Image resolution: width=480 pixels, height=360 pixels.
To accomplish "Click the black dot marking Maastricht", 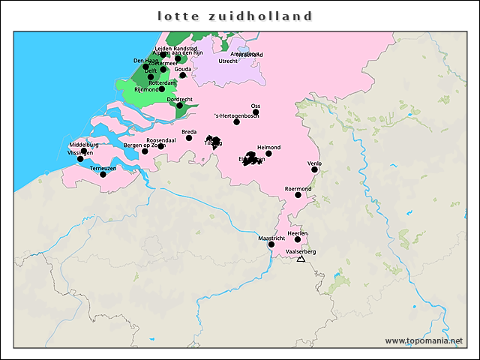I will point(271,244).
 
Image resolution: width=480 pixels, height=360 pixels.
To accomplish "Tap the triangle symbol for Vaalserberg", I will point(301,259).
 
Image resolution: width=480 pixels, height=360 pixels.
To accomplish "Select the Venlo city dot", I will point(315,169).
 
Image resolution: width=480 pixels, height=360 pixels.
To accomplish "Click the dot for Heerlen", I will point(298,240).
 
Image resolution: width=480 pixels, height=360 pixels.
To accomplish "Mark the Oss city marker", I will point(256,112).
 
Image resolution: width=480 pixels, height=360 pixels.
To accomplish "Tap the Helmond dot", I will point(268,153).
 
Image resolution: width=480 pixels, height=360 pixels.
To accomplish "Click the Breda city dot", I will point(189,138).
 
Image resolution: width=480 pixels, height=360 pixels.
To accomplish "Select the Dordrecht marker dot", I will point(180,106).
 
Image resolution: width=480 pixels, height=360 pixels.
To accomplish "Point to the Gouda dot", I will point(183,75).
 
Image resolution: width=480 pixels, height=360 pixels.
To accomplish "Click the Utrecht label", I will point(228,61).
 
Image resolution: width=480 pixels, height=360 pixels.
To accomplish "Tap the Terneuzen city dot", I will point(103,175).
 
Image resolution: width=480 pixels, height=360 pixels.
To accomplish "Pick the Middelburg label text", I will point(84,145).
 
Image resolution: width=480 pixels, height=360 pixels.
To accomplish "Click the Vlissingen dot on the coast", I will point(80,159).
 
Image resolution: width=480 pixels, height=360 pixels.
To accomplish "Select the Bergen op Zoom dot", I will point(145,151).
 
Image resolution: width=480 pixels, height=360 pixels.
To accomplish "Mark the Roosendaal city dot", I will point(161,146).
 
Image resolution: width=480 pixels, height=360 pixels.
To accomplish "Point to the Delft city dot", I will point(151,76).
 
